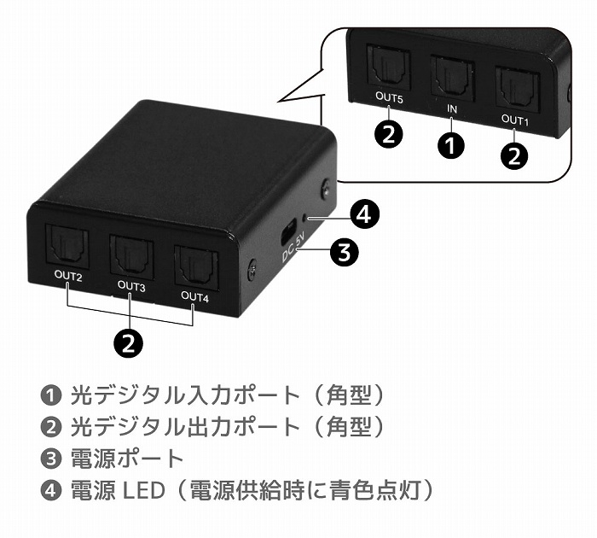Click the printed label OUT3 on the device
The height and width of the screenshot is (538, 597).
tap(131, 286)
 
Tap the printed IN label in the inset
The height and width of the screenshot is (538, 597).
tap(453, 110)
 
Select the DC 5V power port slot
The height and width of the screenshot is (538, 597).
tap(289, 228)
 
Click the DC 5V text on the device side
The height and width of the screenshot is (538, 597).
tap(291, 250)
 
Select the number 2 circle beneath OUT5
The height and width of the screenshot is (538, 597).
tap(389, 135)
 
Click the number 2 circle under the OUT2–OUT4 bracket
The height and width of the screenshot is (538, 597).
tap(129, 342)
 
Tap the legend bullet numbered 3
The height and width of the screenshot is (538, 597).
tap(51, 459)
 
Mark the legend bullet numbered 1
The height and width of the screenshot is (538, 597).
tap(51, 395)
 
